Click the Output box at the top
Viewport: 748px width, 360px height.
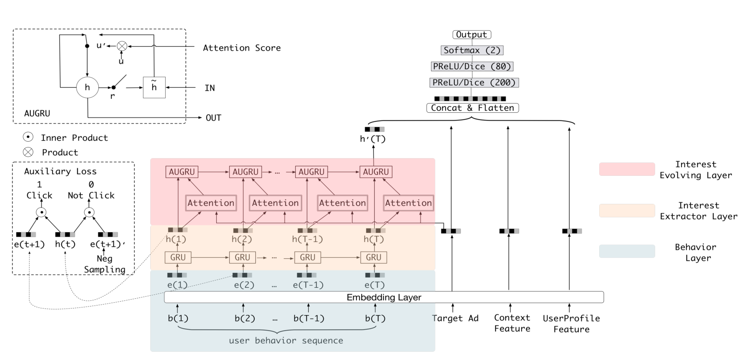coord(472,35)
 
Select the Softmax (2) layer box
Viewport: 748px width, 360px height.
coord(472,50)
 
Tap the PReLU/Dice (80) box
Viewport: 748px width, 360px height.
coord(472,67)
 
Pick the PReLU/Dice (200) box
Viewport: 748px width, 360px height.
coord(473,82)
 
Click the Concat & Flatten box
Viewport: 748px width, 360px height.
coord(472,108)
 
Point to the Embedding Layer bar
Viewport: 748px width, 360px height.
coord(384,297)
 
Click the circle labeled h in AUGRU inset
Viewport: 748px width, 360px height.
coord(87,88)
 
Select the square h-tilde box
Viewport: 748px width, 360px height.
coord(154,88)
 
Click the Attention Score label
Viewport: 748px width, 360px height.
coord(241,48)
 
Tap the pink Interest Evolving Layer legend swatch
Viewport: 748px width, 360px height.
coord(627,169)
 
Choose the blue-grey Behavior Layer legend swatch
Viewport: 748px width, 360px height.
coord(627,252)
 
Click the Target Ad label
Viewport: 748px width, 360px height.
coord(455,319)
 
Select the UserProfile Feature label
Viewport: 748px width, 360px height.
coord(571,324)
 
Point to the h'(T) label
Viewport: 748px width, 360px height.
coord(373,139)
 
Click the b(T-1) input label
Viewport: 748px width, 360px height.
coord(309,319)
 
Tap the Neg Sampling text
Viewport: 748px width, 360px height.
coord(104,264)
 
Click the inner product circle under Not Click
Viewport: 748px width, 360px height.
coord(90,212)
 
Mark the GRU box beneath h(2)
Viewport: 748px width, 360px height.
coord(242,258)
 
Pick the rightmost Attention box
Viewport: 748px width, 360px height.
coord(408,203)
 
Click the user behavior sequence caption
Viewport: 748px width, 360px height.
coord(286,341)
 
